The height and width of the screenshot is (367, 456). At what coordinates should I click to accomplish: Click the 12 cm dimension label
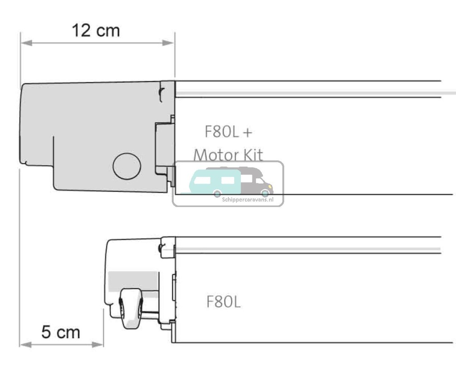click(x=96, y=31)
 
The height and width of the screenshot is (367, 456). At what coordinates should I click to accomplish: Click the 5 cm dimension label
click(x=61, y=332)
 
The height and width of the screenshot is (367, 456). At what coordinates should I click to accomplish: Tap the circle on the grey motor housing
click(x=126, y=166)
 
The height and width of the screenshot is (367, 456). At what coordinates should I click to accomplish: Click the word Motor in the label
click(x=215, y=155)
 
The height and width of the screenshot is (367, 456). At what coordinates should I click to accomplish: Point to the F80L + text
click(x=228, y=132)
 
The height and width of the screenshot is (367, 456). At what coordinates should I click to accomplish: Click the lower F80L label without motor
click(x=224, y=302)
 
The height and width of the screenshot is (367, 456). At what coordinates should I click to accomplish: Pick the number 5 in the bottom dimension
click(x=46, y=332)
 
